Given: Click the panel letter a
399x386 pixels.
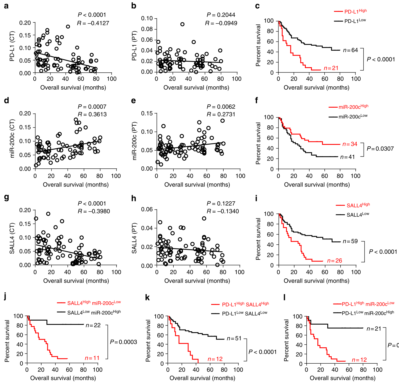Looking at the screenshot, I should (6, 6).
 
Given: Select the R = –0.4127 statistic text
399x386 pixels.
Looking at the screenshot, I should (93, 23).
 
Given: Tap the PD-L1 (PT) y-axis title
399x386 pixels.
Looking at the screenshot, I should (134, 45).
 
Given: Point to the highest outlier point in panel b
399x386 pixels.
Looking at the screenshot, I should (182, 24).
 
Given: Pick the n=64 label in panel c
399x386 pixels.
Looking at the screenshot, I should (351, 50).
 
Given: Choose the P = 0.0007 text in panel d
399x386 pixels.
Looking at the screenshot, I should (92, 107).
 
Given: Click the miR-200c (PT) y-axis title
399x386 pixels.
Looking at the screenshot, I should (134, 141).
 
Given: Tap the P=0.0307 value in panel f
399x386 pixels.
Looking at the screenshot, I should (380, 149).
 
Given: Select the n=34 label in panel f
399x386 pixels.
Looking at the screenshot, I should (350, 144).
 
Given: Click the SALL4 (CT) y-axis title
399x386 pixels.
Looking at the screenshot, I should (12, 238).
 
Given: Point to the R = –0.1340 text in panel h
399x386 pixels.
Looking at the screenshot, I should (223, 211).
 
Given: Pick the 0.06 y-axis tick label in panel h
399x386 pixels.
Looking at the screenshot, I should (147, 209).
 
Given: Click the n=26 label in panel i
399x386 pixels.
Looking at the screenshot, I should (335, 261).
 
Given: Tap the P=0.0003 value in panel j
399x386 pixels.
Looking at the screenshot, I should (123, 342).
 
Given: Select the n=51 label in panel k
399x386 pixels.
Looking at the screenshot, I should (234, 339).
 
